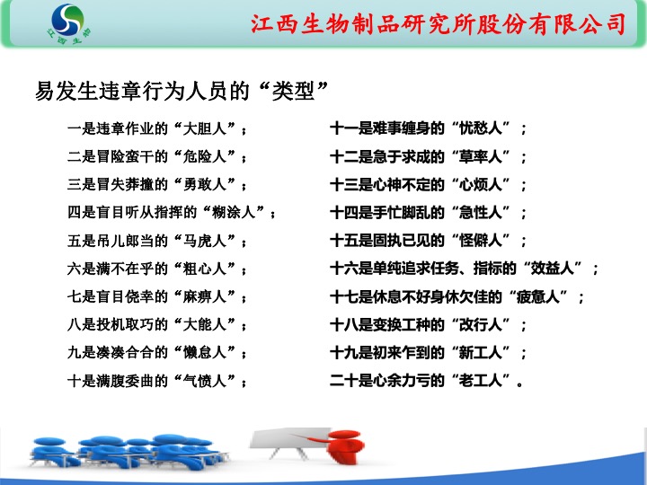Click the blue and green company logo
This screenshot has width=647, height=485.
point(68,24)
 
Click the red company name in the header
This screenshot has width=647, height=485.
point(439,23)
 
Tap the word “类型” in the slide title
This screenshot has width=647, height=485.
point(293,91)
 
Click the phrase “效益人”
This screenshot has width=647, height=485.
point(552,269)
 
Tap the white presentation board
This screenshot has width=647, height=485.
point(288,439)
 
